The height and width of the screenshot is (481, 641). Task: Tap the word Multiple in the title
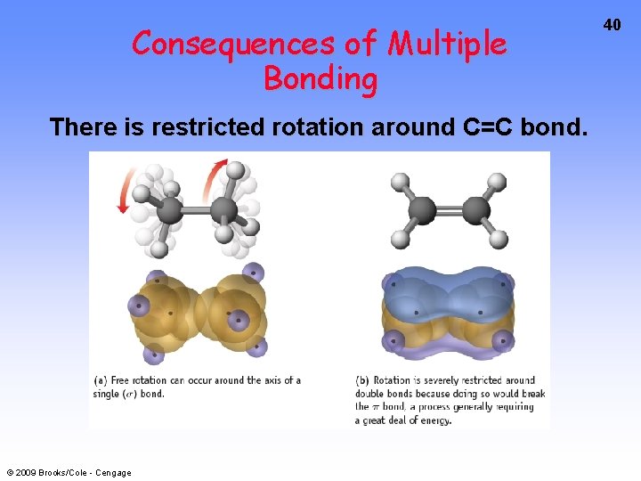(448, 43)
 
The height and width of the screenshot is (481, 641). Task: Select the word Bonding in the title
(320, 79)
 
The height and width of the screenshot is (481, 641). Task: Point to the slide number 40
(612, 25)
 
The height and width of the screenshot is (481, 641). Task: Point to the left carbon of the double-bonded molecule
(422, 210)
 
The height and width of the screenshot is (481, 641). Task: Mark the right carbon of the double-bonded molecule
(476, 210)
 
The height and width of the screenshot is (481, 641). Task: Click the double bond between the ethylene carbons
(450, 210)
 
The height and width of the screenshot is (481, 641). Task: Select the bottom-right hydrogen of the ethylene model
(499, 239)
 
